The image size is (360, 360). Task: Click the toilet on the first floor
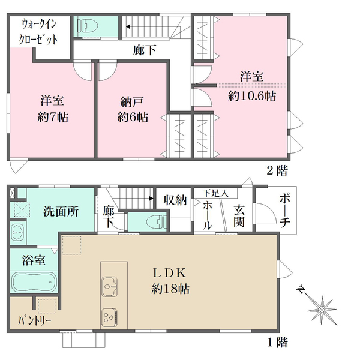(153, 221)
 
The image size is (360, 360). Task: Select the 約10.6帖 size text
(252, 95)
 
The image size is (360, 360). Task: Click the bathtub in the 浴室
(34, 281)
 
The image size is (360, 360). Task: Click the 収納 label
(175, 199)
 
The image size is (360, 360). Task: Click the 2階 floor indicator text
(277, 171)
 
